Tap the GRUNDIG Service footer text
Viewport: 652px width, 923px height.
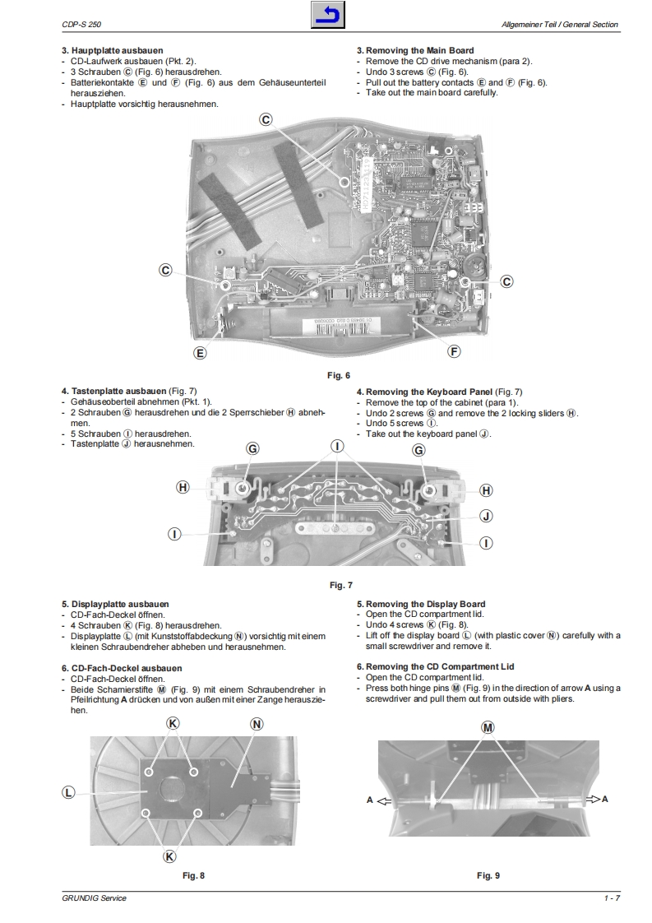point(94,898)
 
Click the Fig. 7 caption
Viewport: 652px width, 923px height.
point(340,585)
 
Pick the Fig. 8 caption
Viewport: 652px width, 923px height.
point(193,875)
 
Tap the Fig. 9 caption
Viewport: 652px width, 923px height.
point(488,875)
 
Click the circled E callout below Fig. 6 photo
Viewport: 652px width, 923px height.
point(199,353)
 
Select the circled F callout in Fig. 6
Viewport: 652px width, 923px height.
point(454,351)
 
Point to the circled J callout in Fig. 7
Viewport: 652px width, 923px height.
point(485,516)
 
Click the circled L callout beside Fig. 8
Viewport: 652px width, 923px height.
point(69,792)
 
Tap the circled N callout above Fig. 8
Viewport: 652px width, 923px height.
point(257,724)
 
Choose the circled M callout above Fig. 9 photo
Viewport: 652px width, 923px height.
point(488,728)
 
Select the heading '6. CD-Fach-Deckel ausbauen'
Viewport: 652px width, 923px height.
point(122,668)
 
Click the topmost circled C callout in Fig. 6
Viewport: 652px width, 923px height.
point(266,119)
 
